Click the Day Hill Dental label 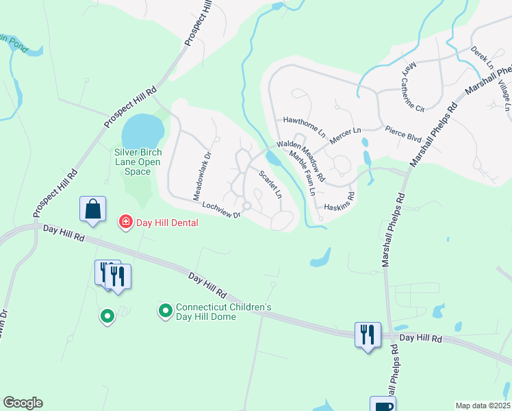[x=168, y=223]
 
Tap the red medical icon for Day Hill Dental [x=125, y=222]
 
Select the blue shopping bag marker [x=92, y=210]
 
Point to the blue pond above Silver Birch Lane [x=143, y=128]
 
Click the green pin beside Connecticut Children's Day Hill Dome [x=165, y=312]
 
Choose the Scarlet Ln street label [x=270, y=184]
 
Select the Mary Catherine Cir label [x=413, y=86]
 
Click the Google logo [x=23, y=403]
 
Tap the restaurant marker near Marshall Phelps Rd [x=367, y=335]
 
